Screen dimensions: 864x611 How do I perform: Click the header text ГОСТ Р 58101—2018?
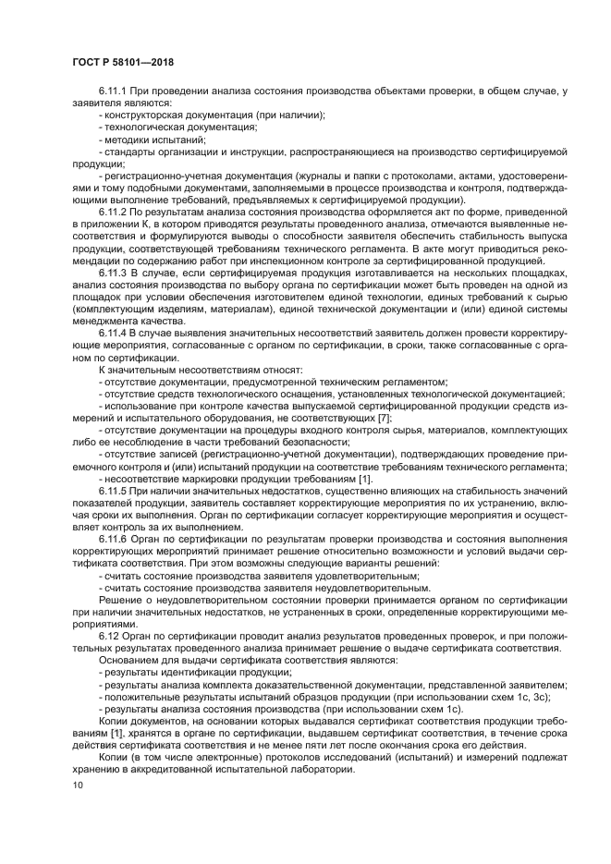(x=122, y=63)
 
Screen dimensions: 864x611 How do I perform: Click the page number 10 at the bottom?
(x=78, y=785)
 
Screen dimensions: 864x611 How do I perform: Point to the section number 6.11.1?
(x=116, y=91)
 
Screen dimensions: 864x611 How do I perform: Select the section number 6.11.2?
(x=116, y=211)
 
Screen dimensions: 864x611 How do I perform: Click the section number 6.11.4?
(x=116, y=331)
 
